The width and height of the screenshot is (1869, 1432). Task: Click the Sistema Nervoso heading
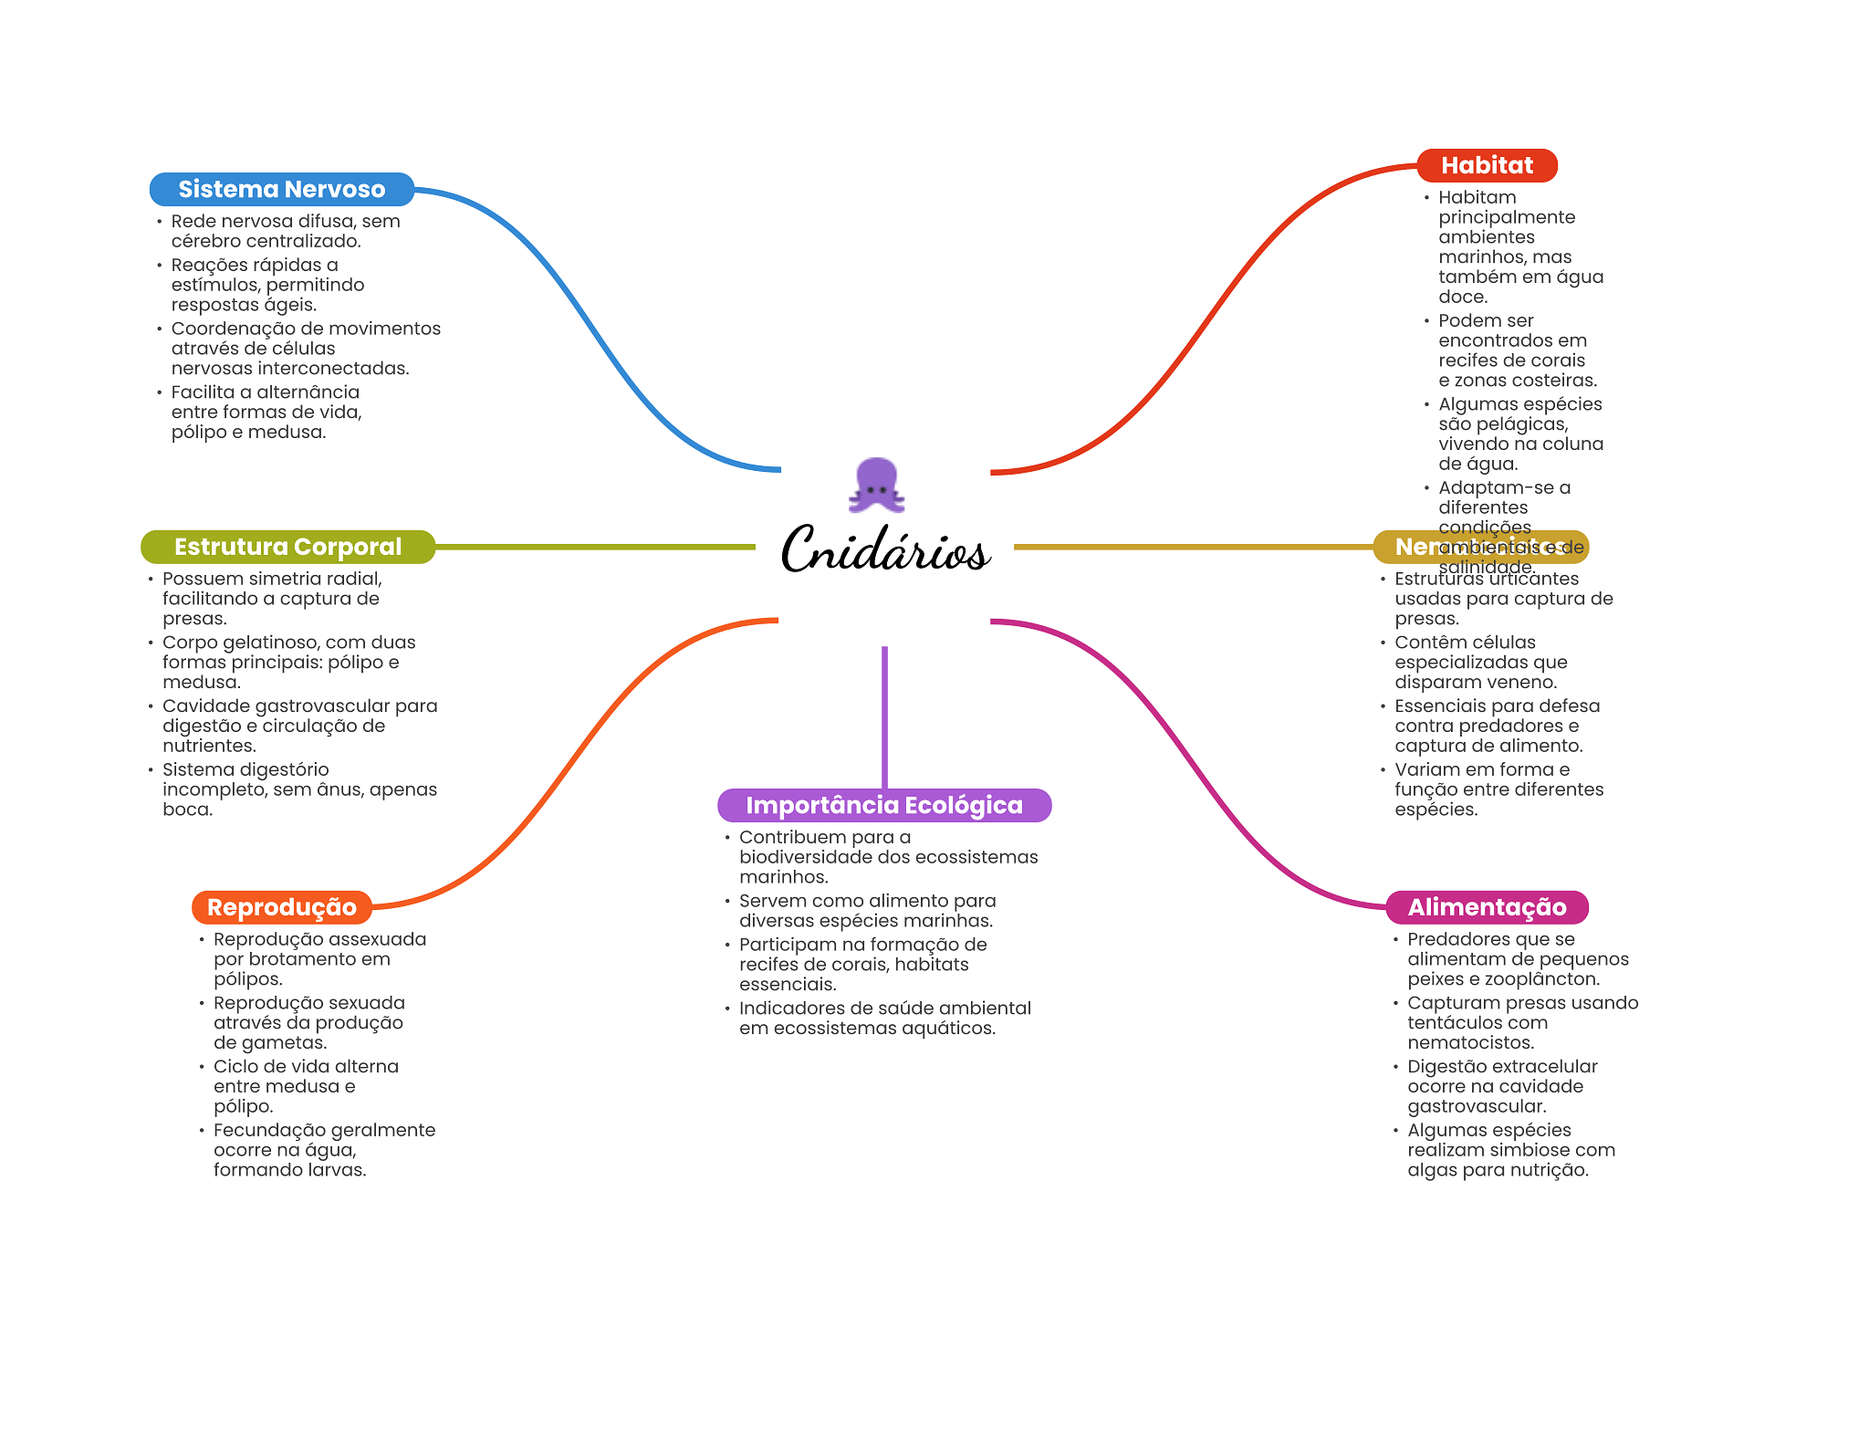click(281, 189)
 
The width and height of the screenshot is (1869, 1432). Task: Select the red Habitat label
click(1487, 165)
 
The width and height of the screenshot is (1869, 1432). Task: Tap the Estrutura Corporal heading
click(287, 547)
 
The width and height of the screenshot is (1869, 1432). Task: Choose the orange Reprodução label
click(281, 907)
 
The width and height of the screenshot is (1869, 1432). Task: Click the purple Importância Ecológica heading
click(883, 805)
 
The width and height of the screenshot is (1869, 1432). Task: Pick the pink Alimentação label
click(1487, 907)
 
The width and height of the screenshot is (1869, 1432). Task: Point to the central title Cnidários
click(884, 550)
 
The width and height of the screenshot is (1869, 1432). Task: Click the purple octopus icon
click(877, 485)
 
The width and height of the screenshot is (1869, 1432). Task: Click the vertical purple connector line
click(884, 716)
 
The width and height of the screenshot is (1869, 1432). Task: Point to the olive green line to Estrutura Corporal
click(593, 547)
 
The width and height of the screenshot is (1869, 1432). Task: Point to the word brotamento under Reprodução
click(302, 959)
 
